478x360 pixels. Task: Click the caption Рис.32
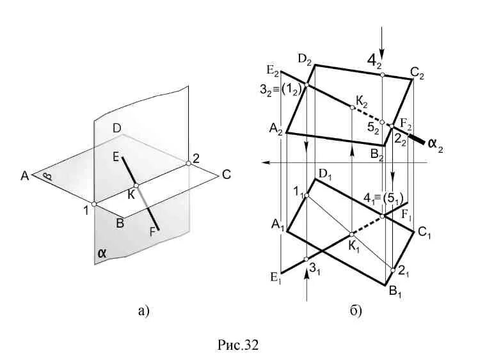tap(238, 345)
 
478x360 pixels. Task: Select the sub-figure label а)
tap(143, 311)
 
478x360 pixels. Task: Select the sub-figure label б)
tap(356, 311)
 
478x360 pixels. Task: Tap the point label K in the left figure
tap(131, 194)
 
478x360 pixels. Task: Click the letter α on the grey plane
tap(102, 253)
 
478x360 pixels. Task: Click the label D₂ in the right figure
tap(303, 62)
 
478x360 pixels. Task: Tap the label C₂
tap(417, 74)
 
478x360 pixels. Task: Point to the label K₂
tap(362, 100)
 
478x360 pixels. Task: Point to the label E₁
tap(276, 277)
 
